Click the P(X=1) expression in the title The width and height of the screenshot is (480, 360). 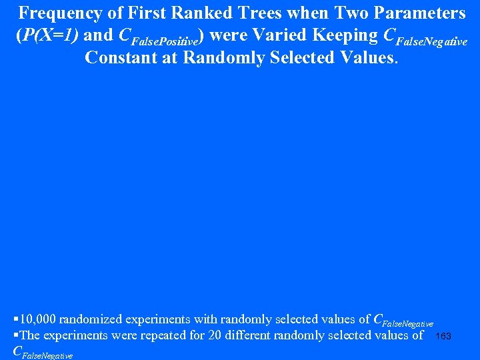tap(47, 35)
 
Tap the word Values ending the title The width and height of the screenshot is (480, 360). tap(368, 57)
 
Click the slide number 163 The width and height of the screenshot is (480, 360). tap(443, 336)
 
